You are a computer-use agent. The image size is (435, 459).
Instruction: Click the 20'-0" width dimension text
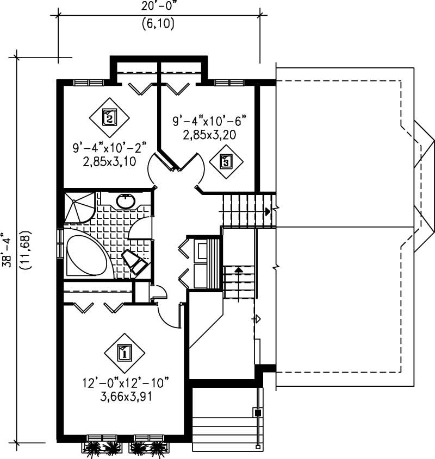159,6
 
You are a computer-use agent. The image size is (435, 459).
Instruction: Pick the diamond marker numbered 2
110,117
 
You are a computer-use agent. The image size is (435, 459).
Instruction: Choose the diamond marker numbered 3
226,161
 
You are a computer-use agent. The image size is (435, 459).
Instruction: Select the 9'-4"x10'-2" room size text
110,148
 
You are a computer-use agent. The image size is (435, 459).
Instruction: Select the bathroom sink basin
126,201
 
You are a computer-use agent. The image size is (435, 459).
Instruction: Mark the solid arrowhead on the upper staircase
268,211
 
